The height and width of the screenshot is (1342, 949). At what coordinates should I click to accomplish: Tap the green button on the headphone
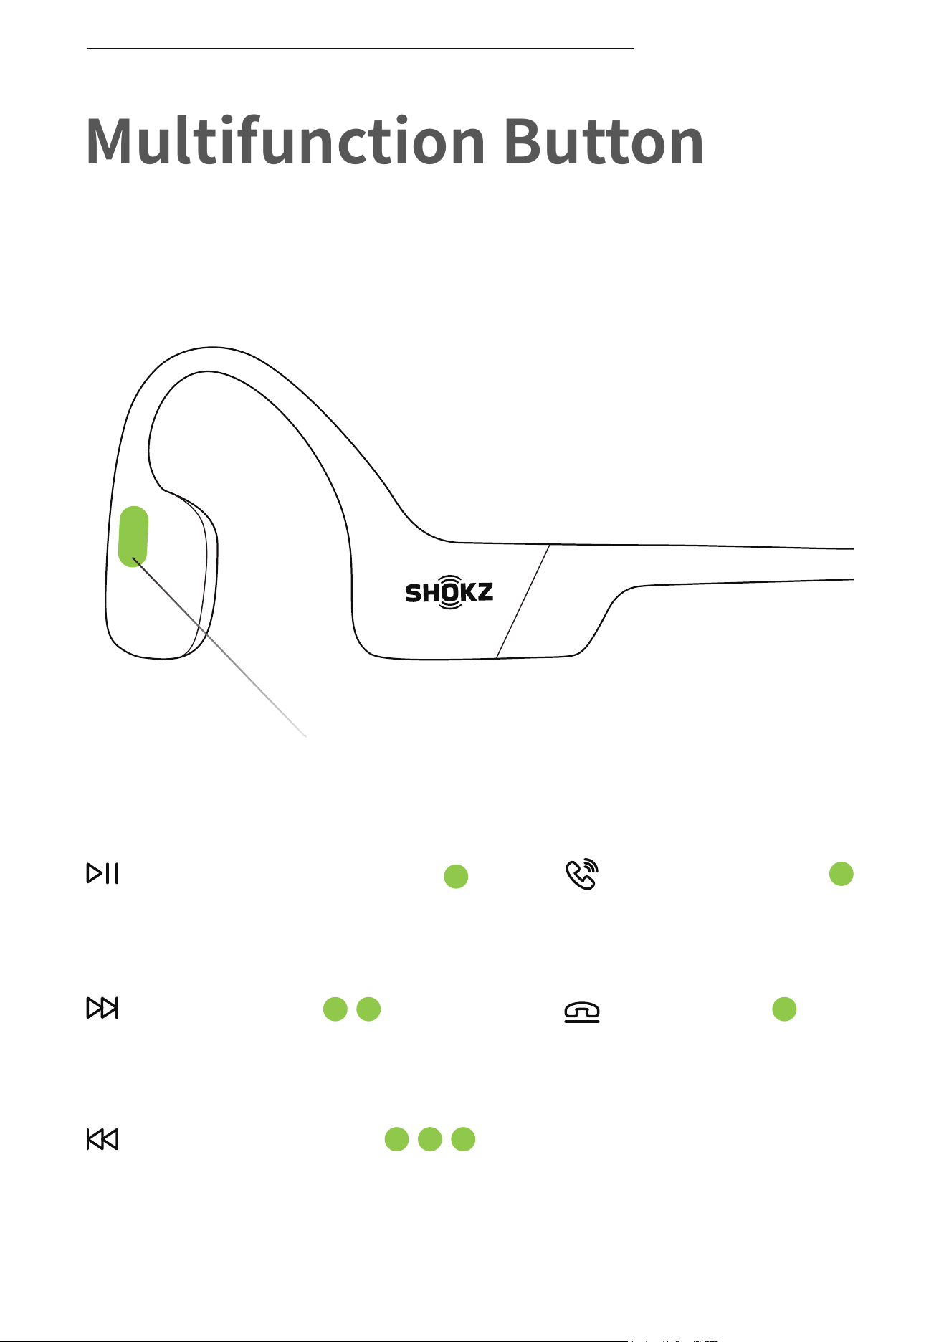[x=133, y=536]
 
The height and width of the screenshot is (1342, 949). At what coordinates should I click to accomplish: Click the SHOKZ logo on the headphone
[x=449, y=592]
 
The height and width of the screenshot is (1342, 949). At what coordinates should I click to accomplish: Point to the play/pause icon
[x=102, y=873]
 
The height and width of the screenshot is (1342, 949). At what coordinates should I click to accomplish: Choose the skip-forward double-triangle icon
[x=102, y=1008]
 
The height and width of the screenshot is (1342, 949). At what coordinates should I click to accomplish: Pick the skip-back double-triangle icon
[x=102, y=1139]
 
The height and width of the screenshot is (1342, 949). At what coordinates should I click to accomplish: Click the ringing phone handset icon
[x=582, y=874]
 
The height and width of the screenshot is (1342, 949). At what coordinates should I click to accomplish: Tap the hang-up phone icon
[x=582, y=1012]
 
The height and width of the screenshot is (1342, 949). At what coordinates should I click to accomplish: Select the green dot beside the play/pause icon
[x=456, y=876]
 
